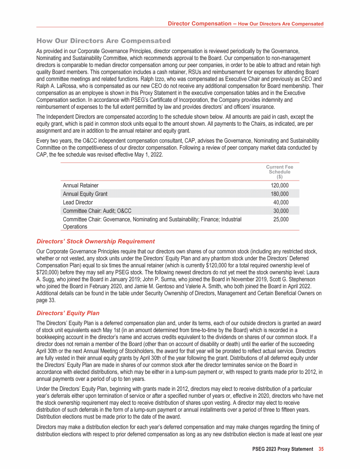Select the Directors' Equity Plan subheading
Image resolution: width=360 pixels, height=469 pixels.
[68, 313]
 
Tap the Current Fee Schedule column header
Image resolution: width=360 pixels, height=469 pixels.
[279, 172]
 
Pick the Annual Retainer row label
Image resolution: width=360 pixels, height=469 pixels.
[81, 185]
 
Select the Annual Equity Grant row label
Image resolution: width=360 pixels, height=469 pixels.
[85, 194]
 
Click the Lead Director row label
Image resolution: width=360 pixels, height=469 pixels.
[78, 202]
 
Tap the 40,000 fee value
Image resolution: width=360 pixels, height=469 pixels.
[281, 202]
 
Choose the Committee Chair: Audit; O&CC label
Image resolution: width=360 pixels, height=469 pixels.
[97, 211]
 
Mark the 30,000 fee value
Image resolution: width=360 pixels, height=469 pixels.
[281, 211]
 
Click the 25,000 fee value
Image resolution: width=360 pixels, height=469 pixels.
[281, 219]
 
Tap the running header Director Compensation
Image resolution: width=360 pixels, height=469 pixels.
[201, 23]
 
